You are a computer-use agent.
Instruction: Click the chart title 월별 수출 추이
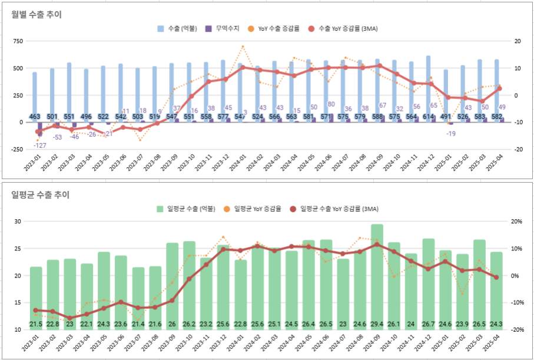37,15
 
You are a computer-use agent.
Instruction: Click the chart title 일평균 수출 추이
41,194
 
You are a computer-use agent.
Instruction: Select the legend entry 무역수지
222,28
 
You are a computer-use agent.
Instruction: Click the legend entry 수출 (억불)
177,28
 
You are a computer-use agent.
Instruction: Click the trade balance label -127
39,146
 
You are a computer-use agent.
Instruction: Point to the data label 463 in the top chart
35,117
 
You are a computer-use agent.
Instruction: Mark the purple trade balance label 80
331,104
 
